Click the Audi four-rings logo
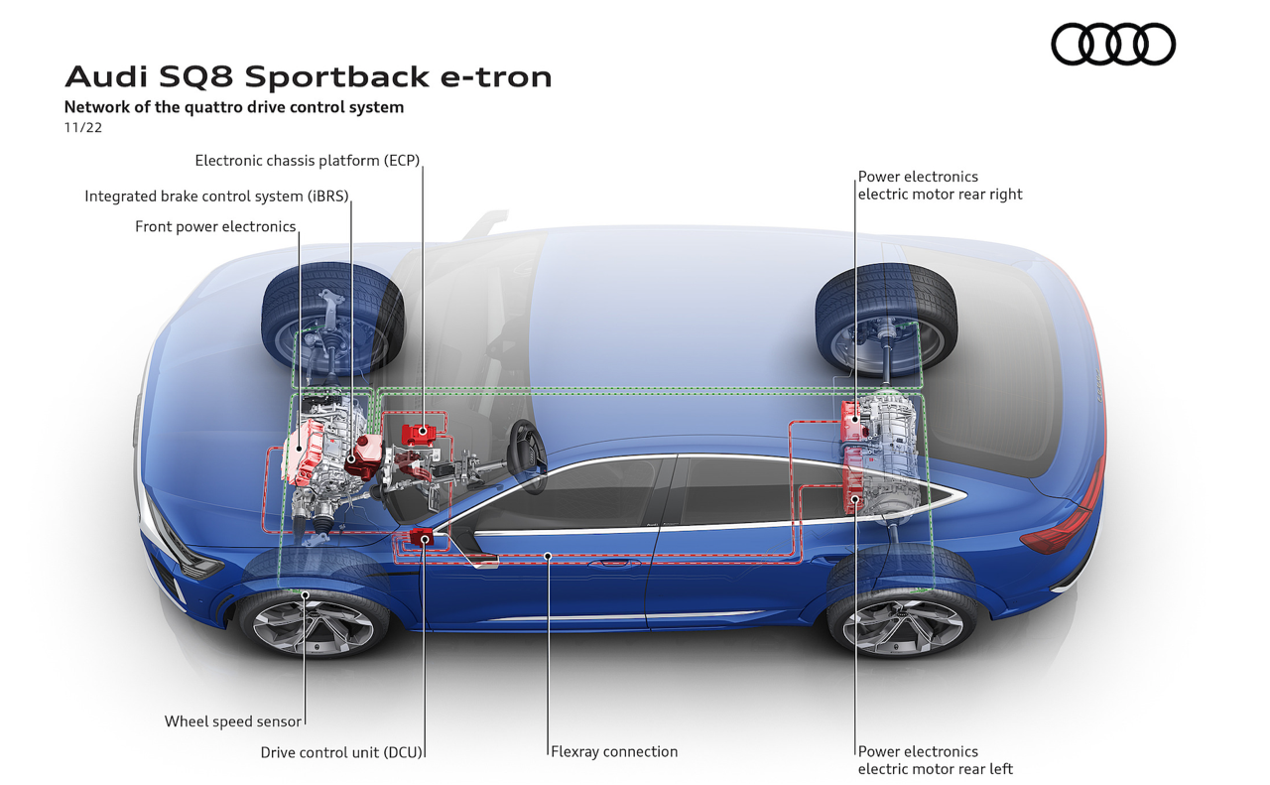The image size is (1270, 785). [x=1113, y=45]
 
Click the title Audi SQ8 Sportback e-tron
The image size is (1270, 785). [x=308, y=76]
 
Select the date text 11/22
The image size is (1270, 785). [x=83, y=128]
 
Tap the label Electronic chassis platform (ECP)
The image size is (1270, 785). [x=308, y=160]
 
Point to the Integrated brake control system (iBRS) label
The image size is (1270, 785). [x=216, y=196]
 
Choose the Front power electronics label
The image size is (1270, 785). [x=215, y=226]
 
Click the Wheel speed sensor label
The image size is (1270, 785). [x=232, y=721]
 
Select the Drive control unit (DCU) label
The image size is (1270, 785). [x=341, y=752]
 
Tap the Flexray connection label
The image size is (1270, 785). [x=615, y=751]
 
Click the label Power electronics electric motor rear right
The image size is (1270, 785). [x=940, y=186]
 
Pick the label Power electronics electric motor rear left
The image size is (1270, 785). [x=935, y=760]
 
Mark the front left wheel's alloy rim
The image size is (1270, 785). [x=312, y=622]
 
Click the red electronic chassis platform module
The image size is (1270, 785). [x=421, y=433]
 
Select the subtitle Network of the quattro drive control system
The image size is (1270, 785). [x=234, y=107]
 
